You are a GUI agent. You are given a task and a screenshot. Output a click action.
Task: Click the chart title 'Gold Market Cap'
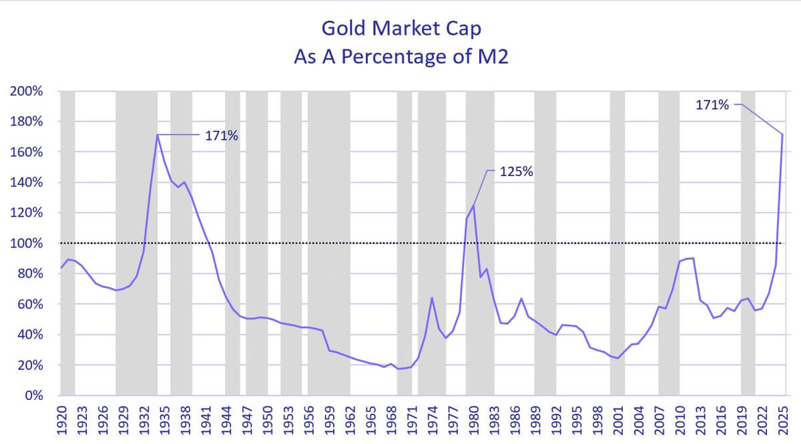[400, 28]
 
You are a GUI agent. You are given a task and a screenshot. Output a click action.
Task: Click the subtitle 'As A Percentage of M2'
[400, 56]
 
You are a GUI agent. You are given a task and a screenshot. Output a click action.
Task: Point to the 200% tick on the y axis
[27, 91]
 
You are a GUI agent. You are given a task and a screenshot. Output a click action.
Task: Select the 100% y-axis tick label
[27, 243]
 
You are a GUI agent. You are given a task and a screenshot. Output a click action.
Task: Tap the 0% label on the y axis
[33, 396]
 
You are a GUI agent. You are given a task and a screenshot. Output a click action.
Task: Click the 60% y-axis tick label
[30, 304]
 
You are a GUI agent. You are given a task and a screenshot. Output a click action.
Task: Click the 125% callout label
[517, 171]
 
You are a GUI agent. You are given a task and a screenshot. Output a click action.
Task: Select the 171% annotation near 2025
[713, 105]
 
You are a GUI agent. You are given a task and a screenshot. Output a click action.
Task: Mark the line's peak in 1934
[158, 135]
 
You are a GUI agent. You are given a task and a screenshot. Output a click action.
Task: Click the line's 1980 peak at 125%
[473, 205]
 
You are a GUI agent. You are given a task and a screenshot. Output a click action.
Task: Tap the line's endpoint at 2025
[782, 135]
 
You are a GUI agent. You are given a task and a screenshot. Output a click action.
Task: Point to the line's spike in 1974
[432, 297]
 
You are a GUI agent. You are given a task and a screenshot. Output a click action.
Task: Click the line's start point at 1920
[61, 268]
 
